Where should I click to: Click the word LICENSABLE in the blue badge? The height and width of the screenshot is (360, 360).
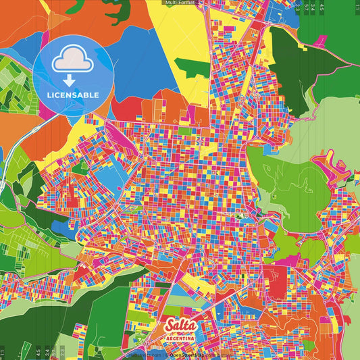coord(73,95)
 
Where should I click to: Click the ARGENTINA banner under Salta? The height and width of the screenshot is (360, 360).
coord(180,338)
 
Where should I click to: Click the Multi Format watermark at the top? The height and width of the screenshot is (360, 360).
coord(180,3)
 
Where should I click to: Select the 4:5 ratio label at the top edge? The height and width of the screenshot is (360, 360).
coord(322,6)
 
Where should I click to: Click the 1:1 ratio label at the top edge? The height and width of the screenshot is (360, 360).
coord(356,6)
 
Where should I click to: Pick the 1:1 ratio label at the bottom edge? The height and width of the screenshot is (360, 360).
coord(3,353)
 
